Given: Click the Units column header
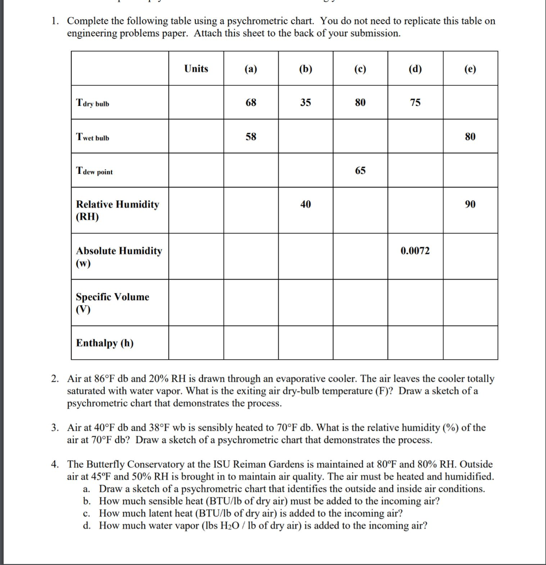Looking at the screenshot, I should coord(196,68).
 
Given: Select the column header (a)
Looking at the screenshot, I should coord(250,69).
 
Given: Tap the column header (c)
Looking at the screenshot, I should coord(360,69).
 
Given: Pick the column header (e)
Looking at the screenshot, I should coord(470,69).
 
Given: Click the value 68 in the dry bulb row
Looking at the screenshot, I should coord(250,103).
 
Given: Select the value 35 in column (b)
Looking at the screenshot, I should coord(306,103).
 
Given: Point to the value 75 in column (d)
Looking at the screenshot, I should coord(415,103).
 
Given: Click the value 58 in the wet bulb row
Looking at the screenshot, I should coord(250,137).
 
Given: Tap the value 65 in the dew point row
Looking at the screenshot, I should coord(360,171).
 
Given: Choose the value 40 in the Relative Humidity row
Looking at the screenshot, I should coord(306,205).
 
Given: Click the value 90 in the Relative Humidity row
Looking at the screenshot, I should coord(470,205).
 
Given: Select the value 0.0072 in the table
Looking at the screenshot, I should coord(415,251).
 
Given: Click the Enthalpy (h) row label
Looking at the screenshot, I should coord(104,343).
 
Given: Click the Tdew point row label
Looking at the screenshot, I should coord(94,172).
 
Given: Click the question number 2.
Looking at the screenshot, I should coord(55,379).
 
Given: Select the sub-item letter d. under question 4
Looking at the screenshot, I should coord(87,525).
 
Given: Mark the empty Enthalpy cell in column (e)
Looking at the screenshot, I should coord(470,343).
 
